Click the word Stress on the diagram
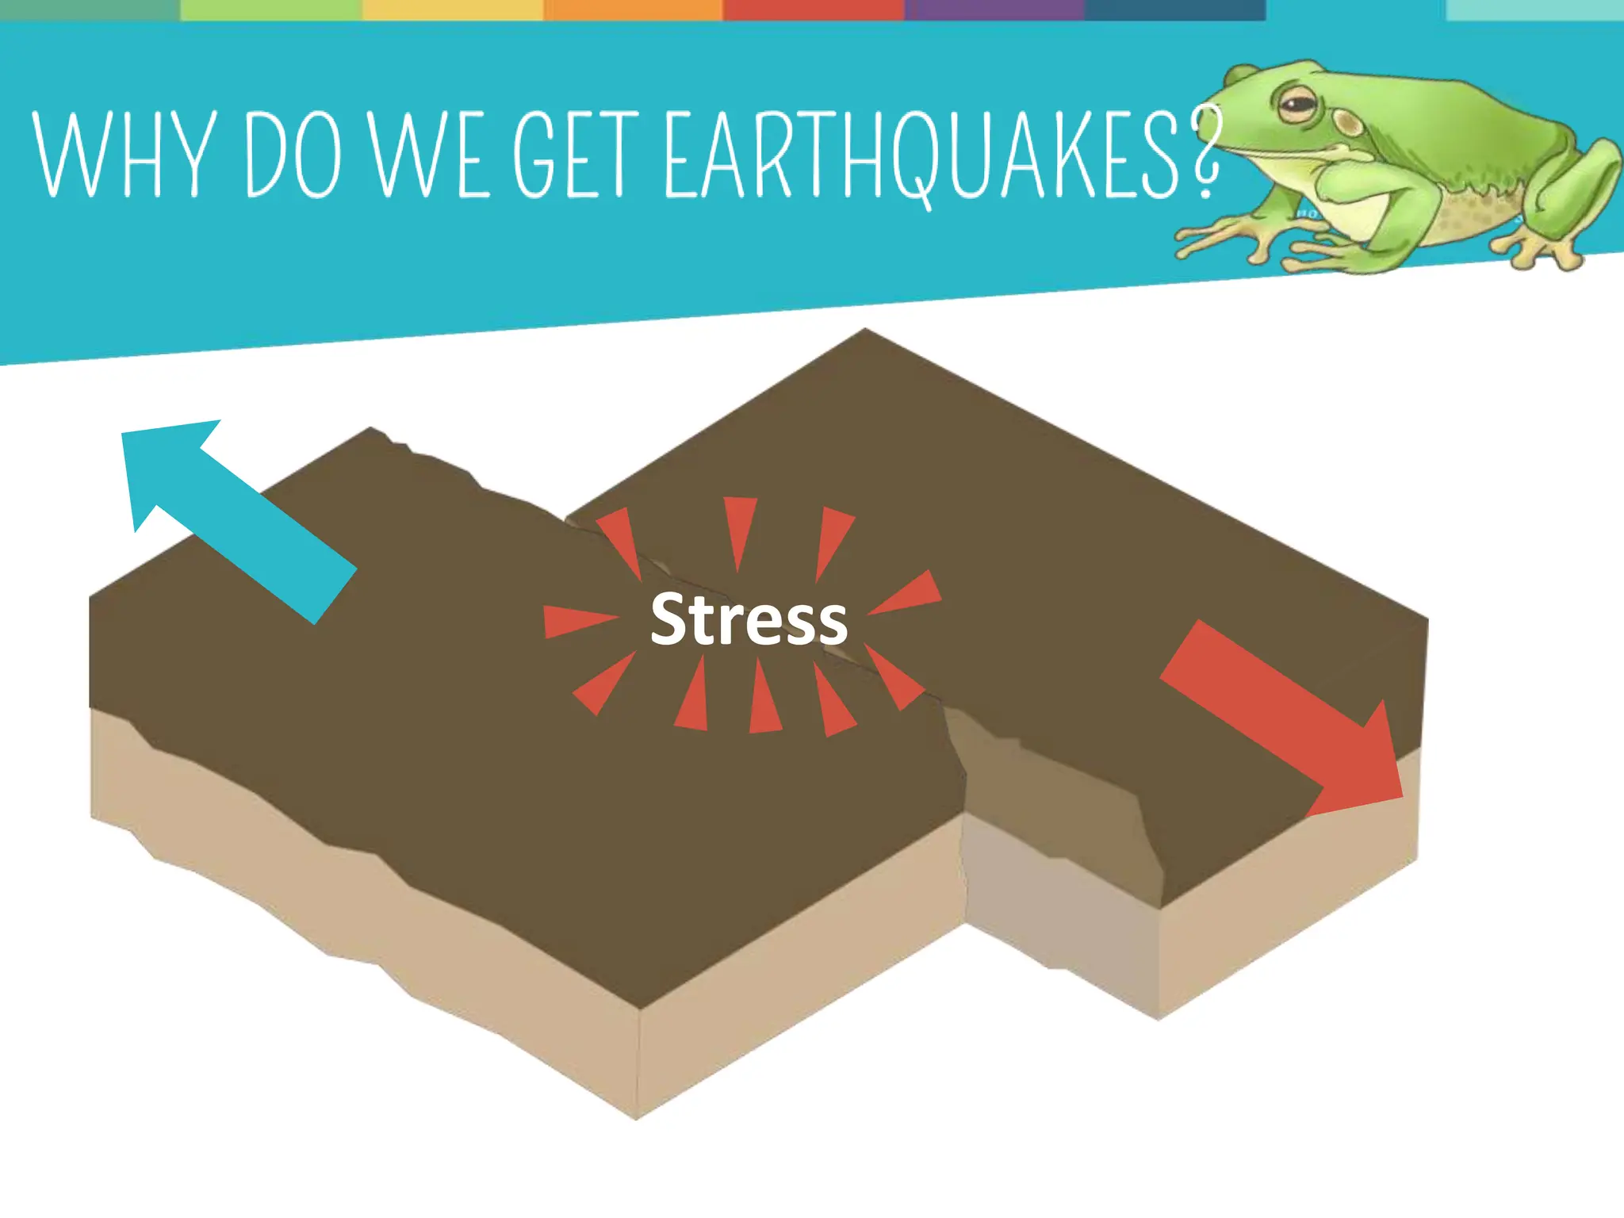(x=749, y=619)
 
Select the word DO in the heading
(x=294, y=154)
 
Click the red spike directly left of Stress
(x=579, y=621)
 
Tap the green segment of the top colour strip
(x=271, y=10)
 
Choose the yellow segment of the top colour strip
(x=453, y=10)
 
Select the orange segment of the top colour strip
(x=633, y=10)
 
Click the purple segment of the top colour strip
(x=994, y=10)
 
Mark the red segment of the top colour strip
(x=814, y=10)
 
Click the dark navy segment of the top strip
(x=1175, y=10)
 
